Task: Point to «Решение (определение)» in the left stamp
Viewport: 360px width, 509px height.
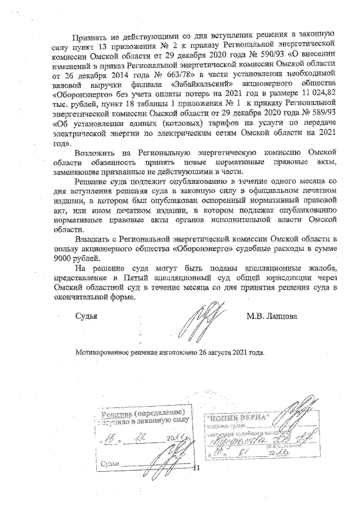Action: click(146, 413)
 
